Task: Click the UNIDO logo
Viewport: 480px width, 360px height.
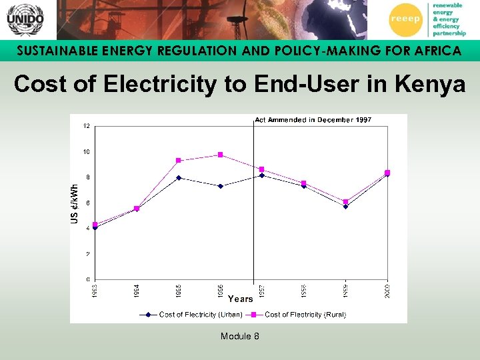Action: (25, 19)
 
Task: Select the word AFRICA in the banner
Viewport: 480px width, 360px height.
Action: (430, 51)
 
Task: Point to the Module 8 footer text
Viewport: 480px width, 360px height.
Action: (240, 336)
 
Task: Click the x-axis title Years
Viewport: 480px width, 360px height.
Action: (241, 299)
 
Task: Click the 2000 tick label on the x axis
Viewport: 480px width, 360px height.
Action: (387, 291)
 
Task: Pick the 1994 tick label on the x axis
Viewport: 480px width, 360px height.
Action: (137, 291)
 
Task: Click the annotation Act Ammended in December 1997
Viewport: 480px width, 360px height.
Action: (313, 120)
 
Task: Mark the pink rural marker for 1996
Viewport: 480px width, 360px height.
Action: (221, 155)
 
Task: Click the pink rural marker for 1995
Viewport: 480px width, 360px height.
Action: (179, 161)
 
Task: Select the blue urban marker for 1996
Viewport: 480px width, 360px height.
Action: (221, 186)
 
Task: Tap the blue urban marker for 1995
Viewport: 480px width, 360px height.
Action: (179, 178)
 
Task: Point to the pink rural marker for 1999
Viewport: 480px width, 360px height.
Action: (345, 201)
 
